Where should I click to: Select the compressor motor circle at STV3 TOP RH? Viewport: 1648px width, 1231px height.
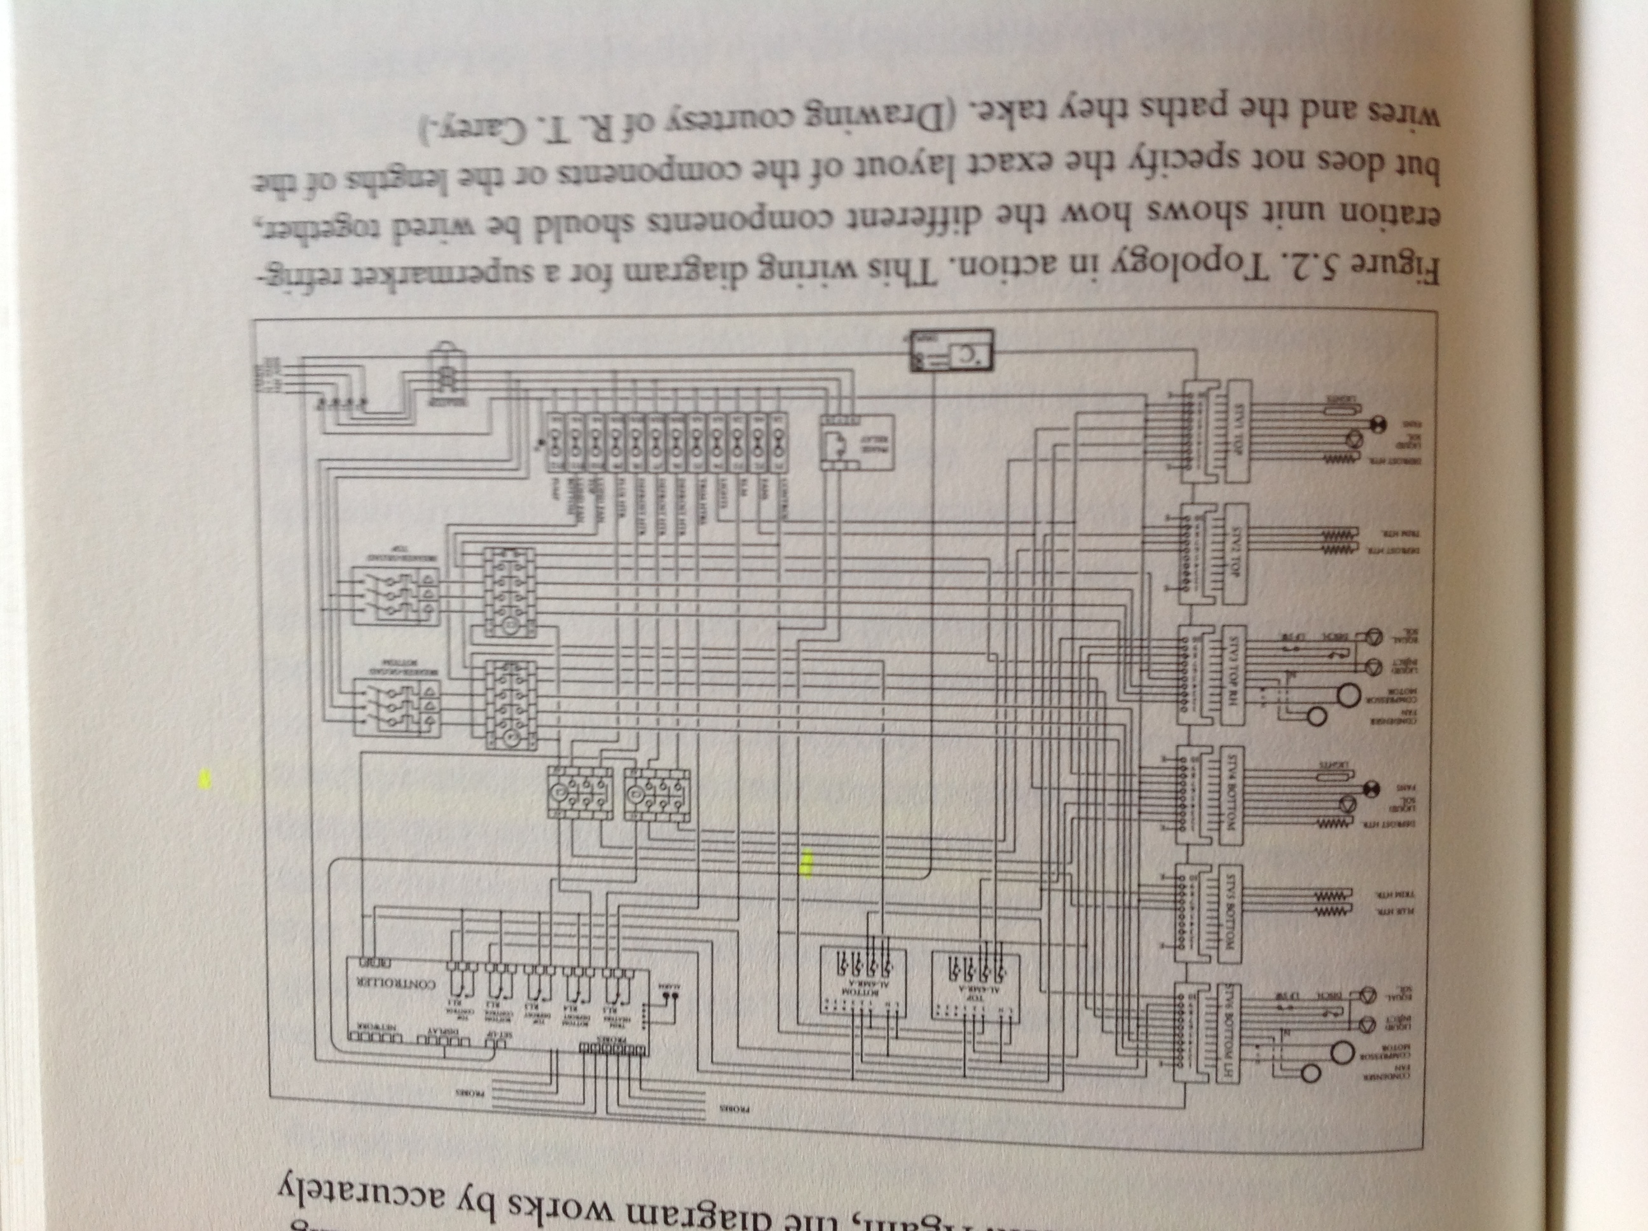click(1347, 694)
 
